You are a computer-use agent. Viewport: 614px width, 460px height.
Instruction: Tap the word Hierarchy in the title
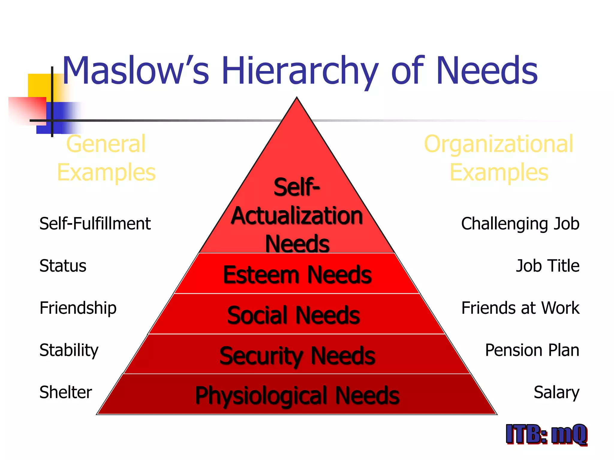pos(300,71)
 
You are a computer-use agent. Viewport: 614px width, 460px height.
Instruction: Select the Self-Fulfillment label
pos(95,224)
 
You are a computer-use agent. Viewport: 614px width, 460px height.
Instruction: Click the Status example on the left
pos(63,266)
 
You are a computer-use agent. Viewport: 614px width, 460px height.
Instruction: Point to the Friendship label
pos(78,308)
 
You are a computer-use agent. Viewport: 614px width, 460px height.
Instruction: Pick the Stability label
pos(69,350)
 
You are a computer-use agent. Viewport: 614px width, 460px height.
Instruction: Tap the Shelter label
pos(66,392)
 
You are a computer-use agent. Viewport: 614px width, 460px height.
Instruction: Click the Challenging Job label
pos(520,224)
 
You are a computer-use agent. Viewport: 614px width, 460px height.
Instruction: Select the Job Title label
pos(547,266)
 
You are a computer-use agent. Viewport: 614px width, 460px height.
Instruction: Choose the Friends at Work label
pos(520,308)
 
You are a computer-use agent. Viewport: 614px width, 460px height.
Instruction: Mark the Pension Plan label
pos(532,350)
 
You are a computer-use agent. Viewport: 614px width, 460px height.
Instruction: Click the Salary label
pos(556,392)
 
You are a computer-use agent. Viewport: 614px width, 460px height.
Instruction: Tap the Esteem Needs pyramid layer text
pos(297,275)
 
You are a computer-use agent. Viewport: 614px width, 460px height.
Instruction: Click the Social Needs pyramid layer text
pos(294,315)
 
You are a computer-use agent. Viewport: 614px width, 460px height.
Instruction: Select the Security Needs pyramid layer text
pos(297,355)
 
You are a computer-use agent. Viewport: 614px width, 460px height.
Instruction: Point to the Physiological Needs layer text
pos(297,395)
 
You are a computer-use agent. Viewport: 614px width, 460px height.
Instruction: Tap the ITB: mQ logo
pos(546,434)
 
